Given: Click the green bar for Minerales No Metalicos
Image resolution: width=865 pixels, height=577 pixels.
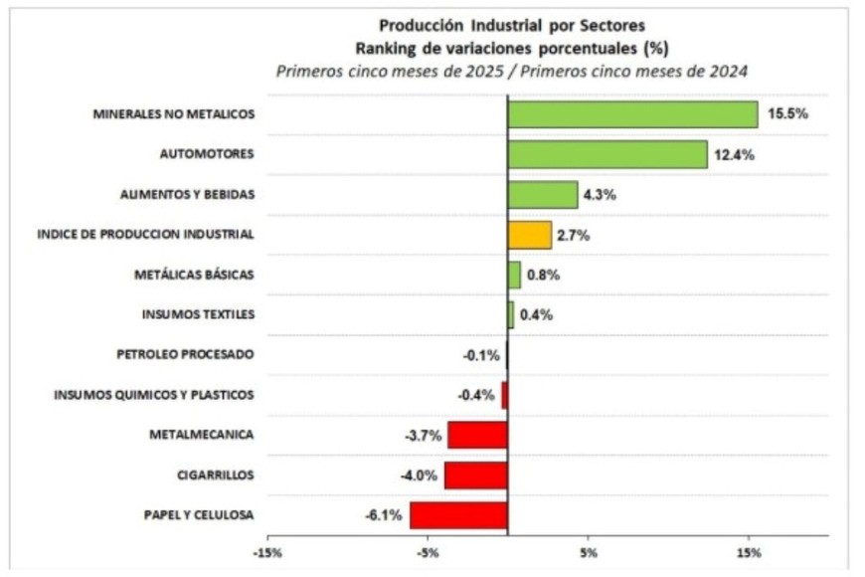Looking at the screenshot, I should click(632, 114).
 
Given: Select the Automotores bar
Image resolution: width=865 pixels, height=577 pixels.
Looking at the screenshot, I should click(607, 154).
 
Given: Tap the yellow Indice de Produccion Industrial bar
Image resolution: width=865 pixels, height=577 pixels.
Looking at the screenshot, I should click(529, 235).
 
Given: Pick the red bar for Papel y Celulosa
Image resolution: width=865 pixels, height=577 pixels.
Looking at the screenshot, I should click(458, 514).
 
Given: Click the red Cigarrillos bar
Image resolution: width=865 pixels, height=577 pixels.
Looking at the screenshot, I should click(475, 475).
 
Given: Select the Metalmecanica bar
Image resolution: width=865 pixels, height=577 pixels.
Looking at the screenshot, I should click(477, 435).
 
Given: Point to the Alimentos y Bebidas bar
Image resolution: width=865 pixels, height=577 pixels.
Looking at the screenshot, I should click(542, 194).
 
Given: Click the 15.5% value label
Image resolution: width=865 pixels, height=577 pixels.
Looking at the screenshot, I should click(787, 114).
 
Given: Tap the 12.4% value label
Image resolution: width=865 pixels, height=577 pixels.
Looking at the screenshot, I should click(737, 154).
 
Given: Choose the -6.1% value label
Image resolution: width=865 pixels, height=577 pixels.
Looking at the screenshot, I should click(384, 515).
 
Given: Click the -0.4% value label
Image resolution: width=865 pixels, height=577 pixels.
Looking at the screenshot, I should click(476, 395).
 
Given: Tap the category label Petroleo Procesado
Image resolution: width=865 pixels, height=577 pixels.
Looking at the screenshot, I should click(185, 354).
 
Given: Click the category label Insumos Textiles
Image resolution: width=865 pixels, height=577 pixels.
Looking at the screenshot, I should click(199, 314).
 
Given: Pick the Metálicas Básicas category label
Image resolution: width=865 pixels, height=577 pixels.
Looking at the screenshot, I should click(194, 275).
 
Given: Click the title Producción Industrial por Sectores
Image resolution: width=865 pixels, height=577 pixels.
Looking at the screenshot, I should click(512, 24).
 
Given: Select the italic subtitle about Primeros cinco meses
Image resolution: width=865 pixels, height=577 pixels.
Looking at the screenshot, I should click(512, 71).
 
